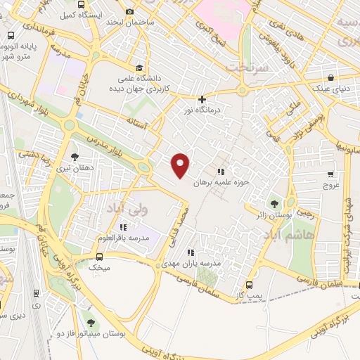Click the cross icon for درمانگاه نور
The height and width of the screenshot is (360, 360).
click(x=202, y=100)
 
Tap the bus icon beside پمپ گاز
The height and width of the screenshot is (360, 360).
click(x=249, y=285)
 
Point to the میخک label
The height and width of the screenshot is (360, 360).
click(x=102, y=268)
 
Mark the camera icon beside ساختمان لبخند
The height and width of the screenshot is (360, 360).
click(x=129, y=12)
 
